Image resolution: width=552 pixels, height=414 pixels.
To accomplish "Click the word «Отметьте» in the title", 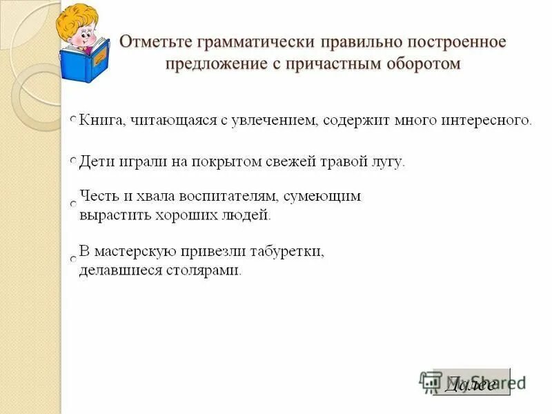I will pos(155,42).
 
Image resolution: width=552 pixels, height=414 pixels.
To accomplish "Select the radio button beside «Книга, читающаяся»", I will pos(73,120).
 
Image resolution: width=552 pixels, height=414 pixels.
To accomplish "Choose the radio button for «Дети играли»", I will pos(73,160).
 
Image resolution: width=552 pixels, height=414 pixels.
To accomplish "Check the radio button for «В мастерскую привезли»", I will pos(73,258).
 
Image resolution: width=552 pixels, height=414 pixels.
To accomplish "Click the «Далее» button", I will pos(471,384).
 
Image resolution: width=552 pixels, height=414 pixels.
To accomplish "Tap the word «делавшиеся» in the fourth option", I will pos(119,270).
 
